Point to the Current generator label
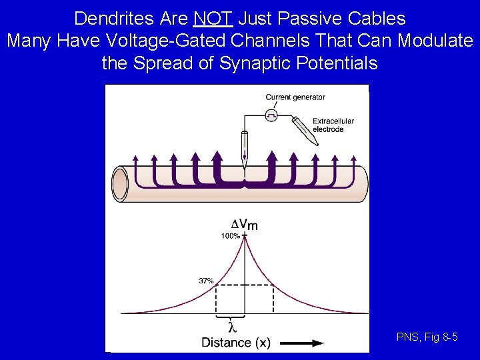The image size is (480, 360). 295,97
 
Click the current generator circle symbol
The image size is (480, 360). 271,115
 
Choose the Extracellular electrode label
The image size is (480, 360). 333,125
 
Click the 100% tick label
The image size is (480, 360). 231,236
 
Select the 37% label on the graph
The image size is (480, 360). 206,281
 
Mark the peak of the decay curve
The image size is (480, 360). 245,238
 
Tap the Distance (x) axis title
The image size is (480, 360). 236,343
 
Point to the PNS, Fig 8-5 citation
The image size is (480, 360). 427,337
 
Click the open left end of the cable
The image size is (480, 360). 121,183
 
